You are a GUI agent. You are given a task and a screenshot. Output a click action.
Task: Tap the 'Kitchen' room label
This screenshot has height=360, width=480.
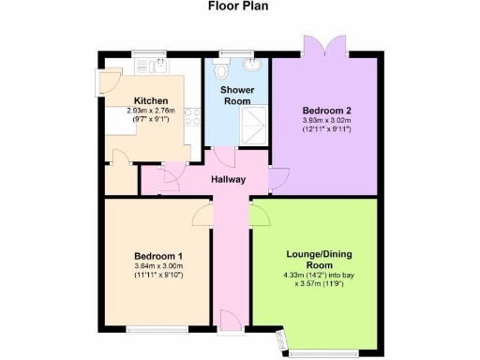coord(151,100)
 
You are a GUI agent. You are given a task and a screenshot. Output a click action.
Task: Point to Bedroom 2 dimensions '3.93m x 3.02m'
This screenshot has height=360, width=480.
coord(324,119)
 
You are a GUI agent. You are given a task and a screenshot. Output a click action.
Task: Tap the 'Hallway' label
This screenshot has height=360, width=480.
coord(228,179)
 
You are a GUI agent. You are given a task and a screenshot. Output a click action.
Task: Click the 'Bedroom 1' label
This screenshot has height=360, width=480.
coord(157,257)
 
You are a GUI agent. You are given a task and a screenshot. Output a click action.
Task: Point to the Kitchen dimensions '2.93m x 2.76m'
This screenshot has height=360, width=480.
coord(151,112)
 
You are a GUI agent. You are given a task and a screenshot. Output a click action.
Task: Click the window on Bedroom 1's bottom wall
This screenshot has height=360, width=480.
coord(150,329)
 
